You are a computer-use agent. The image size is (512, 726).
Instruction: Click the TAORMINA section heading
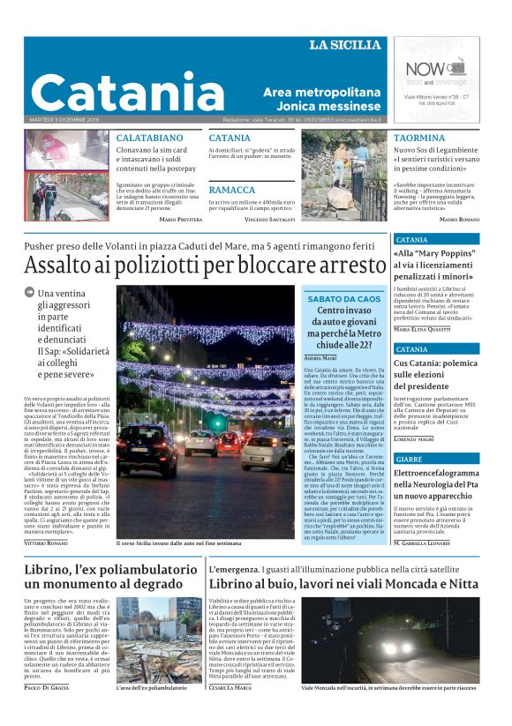[419, 138]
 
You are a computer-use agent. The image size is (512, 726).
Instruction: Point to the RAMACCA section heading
[232, 190]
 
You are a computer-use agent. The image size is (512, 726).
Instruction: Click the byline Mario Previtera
[180, 218]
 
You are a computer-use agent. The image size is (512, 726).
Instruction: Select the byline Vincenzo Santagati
[270, 218]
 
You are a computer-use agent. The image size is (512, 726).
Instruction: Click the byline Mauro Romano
[459, 218]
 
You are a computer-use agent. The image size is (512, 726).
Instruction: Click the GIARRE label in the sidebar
[410, 460]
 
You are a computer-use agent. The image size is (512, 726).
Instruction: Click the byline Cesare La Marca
[230, 711]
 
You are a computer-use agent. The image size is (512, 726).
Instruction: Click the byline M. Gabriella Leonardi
[438, 544]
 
